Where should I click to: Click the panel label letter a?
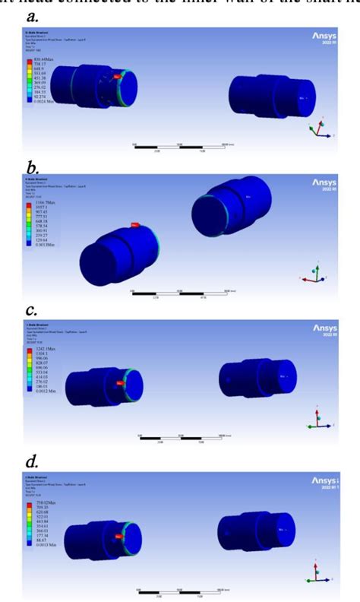[33, 14]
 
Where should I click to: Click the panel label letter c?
[31, 310]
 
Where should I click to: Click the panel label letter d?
[32, 460]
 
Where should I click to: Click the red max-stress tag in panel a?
[117, 77]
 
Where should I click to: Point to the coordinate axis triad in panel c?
[318, 420]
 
